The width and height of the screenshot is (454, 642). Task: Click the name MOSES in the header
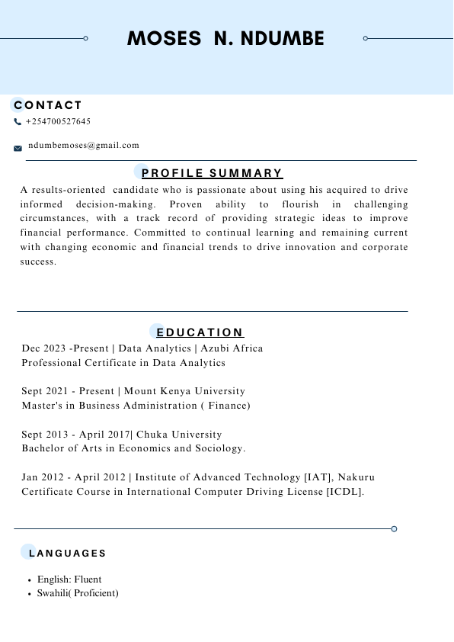163,39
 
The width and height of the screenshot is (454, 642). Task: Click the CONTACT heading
48,105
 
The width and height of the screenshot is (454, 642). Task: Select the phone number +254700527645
58,122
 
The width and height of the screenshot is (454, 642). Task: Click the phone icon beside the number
18,122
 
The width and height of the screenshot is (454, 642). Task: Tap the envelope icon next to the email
18,148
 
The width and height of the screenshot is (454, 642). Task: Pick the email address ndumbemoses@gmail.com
84,145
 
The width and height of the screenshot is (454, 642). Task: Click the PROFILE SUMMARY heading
212,173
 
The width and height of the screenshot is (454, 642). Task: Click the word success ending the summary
39,262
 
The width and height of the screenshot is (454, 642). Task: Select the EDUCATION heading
200,332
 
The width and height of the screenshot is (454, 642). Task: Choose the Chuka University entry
179,435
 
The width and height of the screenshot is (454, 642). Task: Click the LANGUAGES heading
67,553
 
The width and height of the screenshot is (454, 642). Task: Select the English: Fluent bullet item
69,579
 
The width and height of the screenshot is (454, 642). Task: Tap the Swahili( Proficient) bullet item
78,593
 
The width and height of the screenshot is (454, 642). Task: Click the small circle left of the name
85,38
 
